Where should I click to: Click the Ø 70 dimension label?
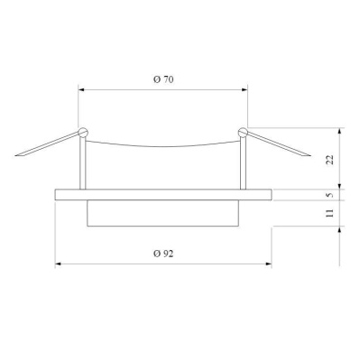[162, 80]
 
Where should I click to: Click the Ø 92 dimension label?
[162, 255]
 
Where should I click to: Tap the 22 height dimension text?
[330, 161]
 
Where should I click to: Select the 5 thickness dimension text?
[330, 194]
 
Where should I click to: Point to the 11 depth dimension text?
[330, 213]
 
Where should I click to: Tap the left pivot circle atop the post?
[83, 133]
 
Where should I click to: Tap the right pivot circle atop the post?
[242, 133]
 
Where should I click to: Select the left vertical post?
[82, 162]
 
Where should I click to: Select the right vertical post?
[243, 162]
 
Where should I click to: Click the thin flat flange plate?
[162, 194]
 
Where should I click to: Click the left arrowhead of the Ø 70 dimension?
[82, 89]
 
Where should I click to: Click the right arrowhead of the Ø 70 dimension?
[245, 89]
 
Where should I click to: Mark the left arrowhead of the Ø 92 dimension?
[59, 264]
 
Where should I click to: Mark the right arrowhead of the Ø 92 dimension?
[268, 264]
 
